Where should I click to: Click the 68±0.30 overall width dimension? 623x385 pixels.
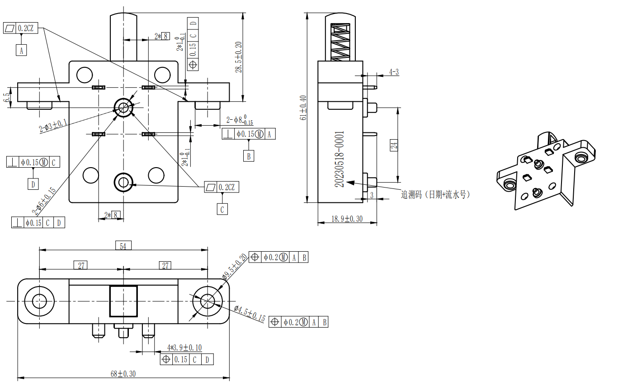tap(123, 374)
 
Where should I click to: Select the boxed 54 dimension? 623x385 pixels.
tap(123, 246)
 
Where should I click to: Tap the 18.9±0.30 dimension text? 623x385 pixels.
tap(347, 219)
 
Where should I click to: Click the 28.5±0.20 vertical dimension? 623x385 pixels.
tap(239, 57)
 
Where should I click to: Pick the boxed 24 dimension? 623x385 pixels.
tap(394, 145)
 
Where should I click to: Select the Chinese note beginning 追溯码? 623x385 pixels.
tap(435, 195)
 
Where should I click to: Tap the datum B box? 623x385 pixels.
tap(249, 156)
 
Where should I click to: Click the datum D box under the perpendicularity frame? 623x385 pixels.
tap(33, 184)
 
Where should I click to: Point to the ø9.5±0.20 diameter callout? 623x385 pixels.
tap(235, 267)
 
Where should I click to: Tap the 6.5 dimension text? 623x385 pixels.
tap(6, 98)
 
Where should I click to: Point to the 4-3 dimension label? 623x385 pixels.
tap(394, 72)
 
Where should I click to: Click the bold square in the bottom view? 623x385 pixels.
tap(123, 300)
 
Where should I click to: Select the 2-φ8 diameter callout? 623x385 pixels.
tap(240, 120)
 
